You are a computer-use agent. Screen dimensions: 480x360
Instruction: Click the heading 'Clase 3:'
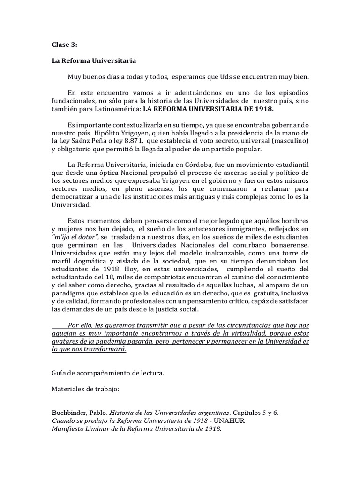pyautogui.click(x=64, y=45)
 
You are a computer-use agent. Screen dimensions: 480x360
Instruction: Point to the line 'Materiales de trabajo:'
pyautogui.click(x=85, y=390)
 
